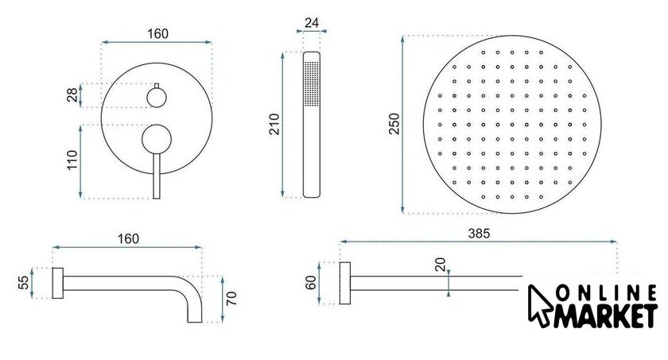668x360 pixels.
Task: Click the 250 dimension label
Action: pyautogui.click(x=394, y=124)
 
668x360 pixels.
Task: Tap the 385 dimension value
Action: pyautogui.click(x=479, y=233)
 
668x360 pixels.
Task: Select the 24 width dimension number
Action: pyautogui.click(x=312, y=22)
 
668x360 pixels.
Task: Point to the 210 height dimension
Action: pyautogui.click(x=275, y=124)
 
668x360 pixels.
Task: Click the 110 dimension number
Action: pyautogui.click(x=72, y=160)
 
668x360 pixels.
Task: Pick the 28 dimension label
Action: pyautogui.click(x=72, y=95)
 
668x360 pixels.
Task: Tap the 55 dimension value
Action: pyautogui.click(x=24, y=283)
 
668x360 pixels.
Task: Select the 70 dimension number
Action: pyautogui.click(x=231, y=298)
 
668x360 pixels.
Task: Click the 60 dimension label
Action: pyautogui.click(x=311, y=283)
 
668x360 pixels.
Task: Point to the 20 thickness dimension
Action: pyautogui.click(x=440, y=265)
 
